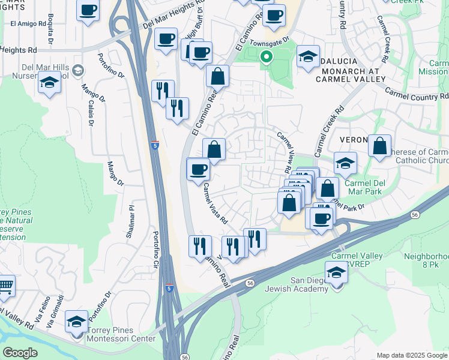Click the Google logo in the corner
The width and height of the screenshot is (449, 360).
20,353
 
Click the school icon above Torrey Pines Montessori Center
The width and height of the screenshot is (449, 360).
77,322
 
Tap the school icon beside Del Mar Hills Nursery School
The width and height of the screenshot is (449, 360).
49,83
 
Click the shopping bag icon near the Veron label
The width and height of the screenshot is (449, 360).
379,146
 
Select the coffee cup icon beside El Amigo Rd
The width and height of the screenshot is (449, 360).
88,11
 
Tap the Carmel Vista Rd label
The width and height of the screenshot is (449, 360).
214,203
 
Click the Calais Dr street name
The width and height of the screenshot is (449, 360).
91,110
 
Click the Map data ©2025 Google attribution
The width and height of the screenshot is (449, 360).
411,355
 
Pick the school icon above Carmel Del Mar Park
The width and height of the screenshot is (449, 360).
346,163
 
